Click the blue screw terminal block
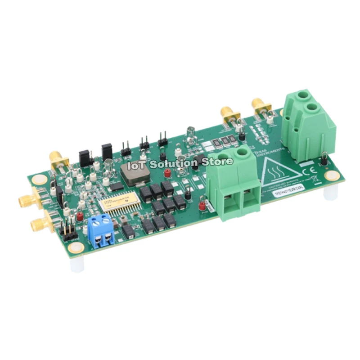(102, 231)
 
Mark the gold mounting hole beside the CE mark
(332, 176)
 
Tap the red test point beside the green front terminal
(202, 206)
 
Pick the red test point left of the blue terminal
(80, 216)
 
